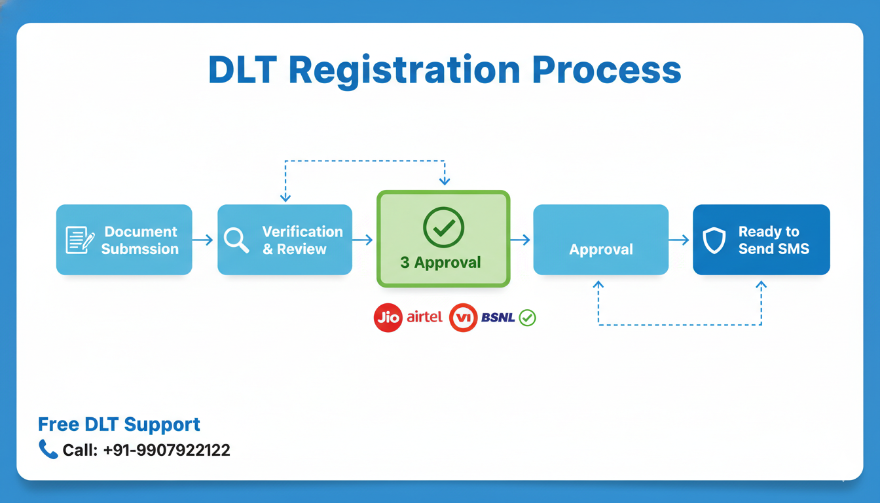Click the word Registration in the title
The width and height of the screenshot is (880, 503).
click(x=404, y=70)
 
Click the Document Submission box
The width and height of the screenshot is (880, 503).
click(x=124, y=240)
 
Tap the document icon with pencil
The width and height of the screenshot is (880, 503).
click(x=80, y=240)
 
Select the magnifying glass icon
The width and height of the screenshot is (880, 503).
click(x=236, y=240)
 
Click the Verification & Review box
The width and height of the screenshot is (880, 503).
click(x=285, y=240)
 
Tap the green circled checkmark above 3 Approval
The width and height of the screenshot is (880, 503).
click(x=443, y=227)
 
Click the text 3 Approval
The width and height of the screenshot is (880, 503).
click(x=441, y=263)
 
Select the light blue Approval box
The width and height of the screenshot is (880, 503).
click(x=601, y=240)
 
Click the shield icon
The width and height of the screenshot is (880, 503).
click(x=714, y=240)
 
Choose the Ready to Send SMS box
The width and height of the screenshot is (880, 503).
click(x=761, y=240)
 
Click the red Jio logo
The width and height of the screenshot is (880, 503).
click(x=388, y=318)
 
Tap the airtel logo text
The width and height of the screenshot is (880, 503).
click(x=424, y=318)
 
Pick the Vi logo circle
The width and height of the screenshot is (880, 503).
click(x=464, y=318)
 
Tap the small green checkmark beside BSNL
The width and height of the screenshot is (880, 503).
click(x=527, y=318)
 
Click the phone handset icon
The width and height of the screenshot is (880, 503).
click(x=48, y=449)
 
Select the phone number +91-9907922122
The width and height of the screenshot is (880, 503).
click(x=166, y=451)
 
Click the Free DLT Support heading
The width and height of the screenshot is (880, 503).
click(x=119, y=424)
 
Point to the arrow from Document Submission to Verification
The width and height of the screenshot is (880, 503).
click(x=204, y=240)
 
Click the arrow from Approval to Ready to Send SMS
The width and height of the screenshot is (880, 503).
click(x=680, y=240)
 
